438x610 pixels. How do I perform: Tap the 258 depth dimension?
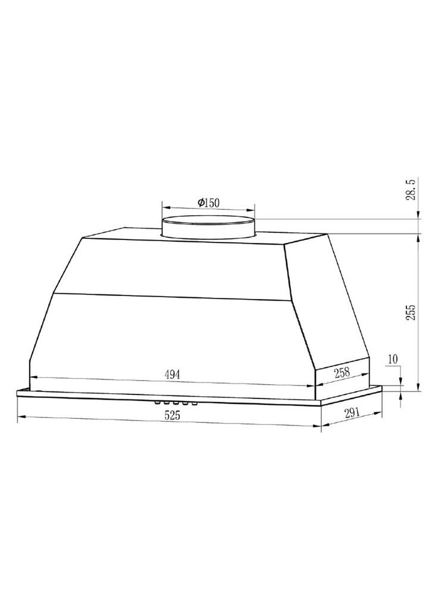tap(341, 372)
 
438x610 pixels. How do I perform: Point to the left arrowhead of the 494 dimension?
tap(33, 376)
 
